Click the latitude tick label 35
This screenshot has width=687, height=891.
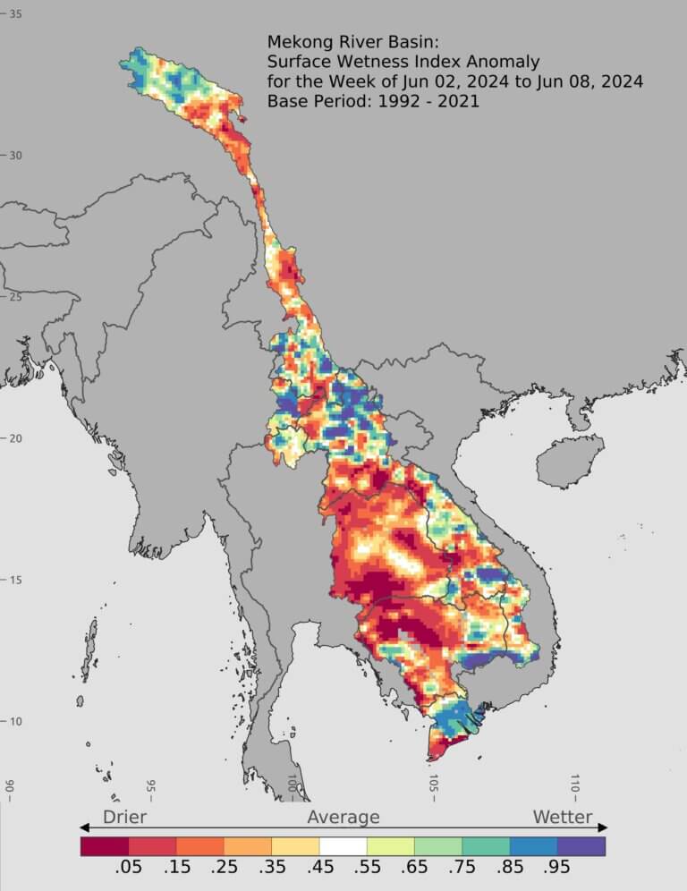(x=16, y=14)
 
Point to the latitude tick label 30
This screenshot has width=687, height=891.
(x=16, y=156)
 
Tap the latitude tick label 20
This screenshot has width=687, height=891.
(x=16, y=438)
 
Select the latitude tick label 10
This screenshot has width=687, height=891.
(x=16, y=721)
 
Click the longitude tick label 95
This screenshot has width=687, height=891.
(x=150, y=788)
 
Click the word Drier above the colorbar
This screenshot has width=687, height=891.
(x=124, y=817)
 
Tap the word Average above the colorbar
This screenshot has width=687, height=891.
(x=343, y=817)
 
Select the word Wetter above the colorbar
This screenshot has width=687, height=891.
(x=563, y=817)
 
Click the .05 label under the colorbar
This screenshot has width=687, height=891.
(x=129, y=869)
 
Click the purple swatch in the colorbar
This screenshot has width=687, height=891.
(x=581, y=845)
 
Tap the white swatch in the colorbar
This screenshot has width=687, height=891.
(x=343, y=845)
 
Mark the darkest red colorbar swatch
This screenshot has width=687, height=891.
(x=105, y=845)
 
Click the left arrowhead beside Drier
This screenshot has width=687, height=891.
(x=85, y=827)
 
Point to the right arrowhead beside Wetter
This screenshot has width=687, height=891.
(x=603, y=827)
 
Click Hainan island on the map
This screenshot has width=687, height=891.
(x=561, y=461)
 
